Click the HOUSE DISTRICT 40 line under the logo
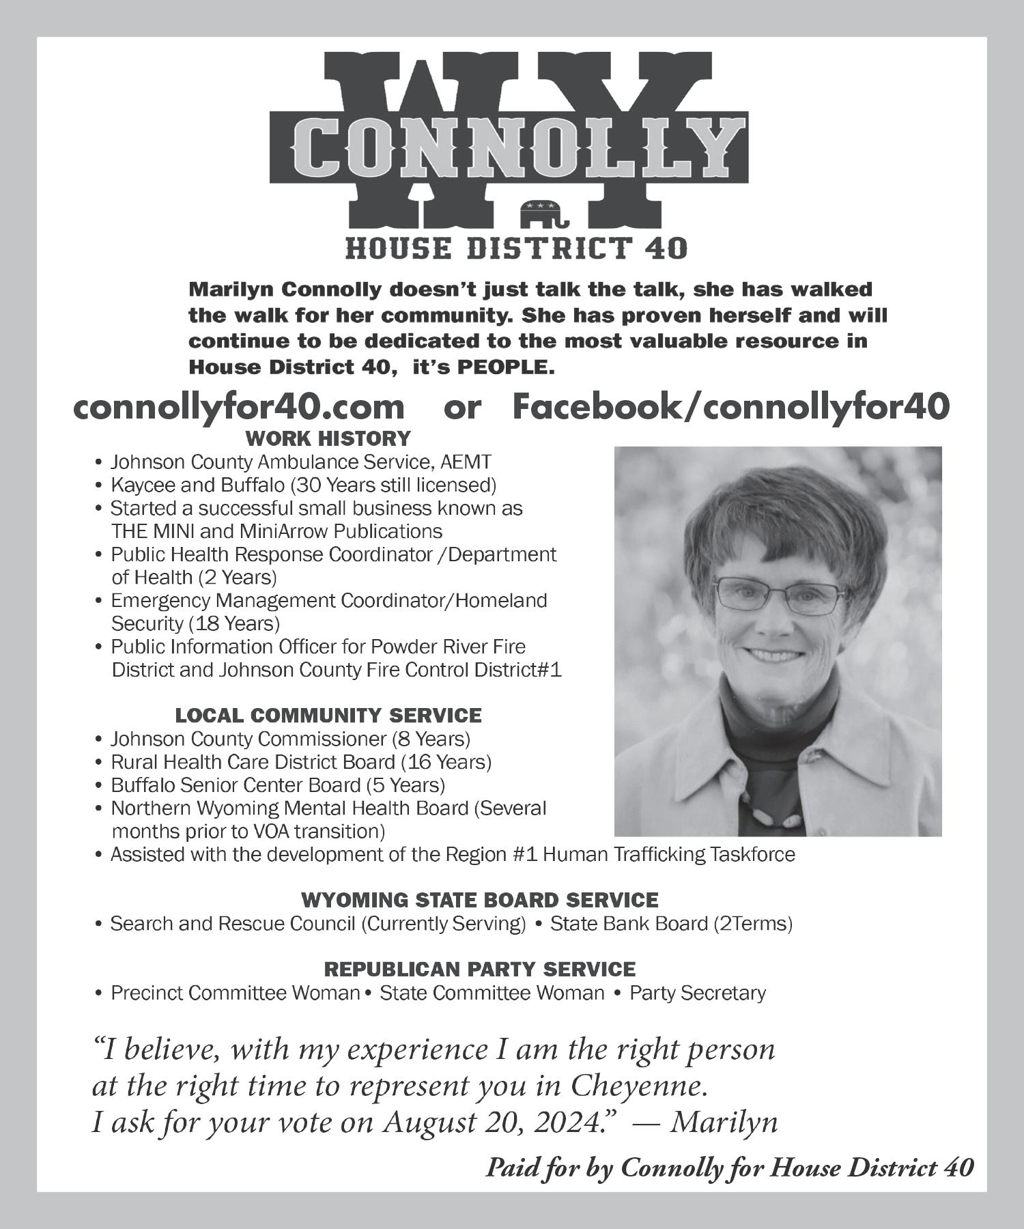pyautogui.click(x=516, y=249)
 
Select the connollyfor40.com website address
pyautogui.click(x=239, y=408)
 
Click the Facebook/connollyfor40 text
pyautogui.click(x=730, y=408)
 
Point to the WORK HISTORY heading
pyautogui.click(x=328, y=438)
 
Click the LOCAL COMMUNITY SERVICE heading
pyautogui.click(x=328, y=716)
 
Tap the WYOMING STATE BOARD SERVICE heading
pyautogui.click(x=480, y=900)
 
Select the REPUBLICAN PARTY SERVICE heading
pyautogui.click(x=480, y=969)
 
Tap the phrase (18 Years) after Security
pyautogui.click(x=234, y=624)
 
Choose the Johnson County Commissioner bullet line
pyautogui.click(x=290, y=739)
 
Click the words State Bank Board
pyautogui.click(x=629, y=924)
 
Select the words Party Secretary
pyautogui.click(x=698, y=993)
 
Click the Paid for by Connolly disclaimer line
pyautogui.click(x=729, y=1168)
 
